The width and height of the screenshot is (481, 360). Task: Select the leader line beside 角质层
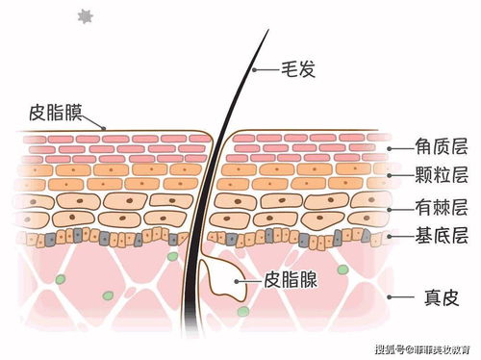398,149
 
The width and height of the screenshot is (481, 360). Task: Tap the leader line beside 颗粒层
398,176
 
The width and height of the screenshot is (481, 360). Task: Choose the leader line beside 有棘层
398,208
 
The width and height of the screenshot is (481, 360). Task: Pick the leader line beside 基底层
398,236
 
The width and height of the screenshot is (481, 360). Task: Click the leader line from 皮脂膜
93,121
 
